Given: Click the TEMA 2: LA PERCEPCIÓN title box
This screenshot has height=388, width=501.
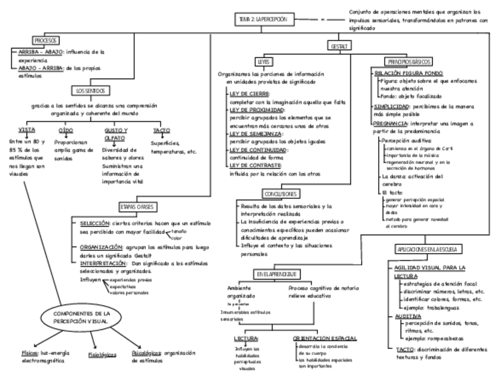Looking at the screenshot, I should coord(263,19).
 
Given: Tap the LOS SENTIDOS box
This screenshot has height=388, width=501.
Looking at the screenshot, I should coord(90,90).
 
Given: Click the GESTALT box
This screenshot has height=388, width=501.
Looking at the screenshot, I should coord(339,45).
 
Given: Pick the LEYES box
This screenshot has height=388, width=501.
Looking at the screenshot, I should coord(263,61).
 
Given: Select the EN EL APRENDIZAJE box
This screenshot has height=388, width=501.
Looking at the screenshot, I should coord(276,274).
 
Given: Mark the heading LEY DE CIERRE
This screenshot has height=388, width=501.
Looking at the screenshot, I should coord(249,94).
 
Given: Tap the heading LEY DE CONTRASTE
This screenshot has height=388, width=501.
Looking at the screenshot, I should coord(255,167).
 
